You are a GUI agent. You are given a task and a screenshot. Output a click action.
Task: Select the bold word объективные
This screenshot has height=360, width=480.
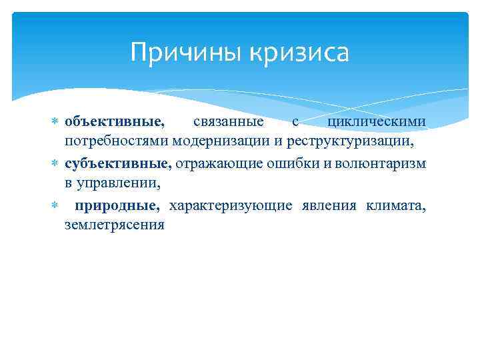pos(114,121)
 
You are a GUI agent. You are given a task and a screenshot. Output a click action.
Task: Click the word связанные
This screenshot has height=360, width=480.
pos(228,121)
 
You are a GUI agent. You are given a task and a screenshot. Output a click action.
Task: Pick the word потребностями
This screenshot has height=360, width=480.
pos(117,142)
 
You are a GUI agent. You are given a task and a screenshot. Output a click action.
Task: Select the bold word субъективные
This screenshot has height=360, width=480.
pos(118,163)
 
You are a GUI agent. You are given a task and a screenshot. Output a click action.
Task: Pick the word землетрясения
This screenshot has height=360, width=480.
pos(114,225)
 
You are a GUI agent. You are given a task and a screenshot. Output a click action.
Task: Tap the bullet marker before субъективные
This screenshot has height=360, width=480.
pos(55,163)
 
